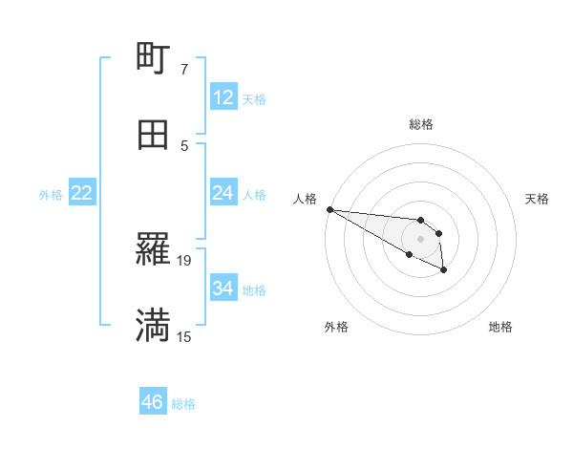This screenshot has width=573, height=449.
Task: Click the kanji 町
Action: click(x=153, y=58)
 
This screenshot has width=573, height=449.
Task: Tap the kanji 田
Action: click(x=153, y=135)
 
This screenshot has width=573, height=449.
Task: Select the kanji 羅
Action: click(x=153, y=250)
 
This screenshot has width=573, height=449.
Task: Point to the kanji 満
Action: click(x=153, y=326)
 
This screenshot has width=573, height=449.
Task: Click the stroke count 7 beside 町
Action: click(x=184, y=70)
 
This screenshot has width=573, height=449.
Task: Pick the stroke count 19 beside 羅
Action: click(x=185, y=260)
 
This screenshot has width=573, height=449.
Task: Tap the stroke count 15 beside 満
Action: click(x=185, y=336)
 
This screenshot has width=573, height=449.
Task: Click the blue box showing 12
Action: click(x=223, y=97)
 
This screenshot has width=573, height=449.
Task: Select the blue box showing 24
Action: click(x=223, y=193)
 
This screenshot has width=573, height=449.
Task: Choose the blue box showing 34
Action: click(x=223, y=289)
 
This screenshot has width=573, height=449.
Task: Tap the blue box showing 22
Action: click(x=82, y=193)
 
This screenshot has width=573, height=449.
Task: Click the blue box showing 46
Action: click(x=153, y=402)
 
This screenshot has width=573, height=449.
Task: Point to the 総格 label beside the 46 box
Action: click(x=184, y=404)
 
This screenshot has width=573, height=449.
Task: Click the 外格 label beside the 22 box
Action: click(x=51, y=195)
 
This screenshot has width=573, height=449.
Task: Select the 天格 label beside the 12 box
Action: click(x=254, y=99)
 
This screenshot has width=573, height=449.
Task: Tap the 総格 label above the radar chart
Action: click(x=421, y=124)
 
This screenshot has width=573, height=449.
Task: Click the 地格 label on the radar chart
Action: click(x=500, y=327)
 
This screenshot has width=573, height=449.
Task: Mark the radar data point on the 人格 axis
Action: click(x=329, y=209)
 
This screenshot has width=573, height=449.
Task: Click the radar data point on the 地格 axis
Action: click(x=444, y=271)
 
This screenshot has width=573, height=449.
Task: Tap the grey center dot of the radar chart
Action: click(x=421, y=239)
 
